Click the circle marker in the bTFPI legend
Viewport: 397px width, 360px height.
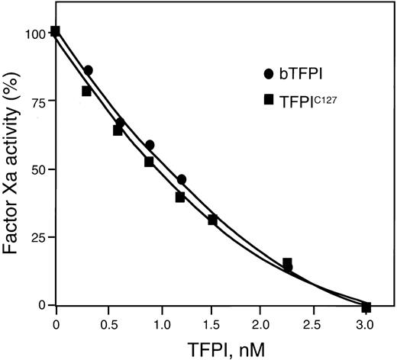[268, 74]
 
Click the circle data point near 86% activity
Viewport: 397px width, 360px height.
[88, 70]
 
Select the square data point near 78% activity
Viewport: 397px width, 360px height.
[87, 91]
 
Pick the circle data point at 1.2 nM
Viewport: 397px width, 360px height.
[181, 179]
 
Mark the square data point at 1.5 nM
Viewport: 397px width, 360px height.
[212, 220]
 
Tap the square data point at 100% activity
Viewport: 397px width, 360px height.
[56, 31]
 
